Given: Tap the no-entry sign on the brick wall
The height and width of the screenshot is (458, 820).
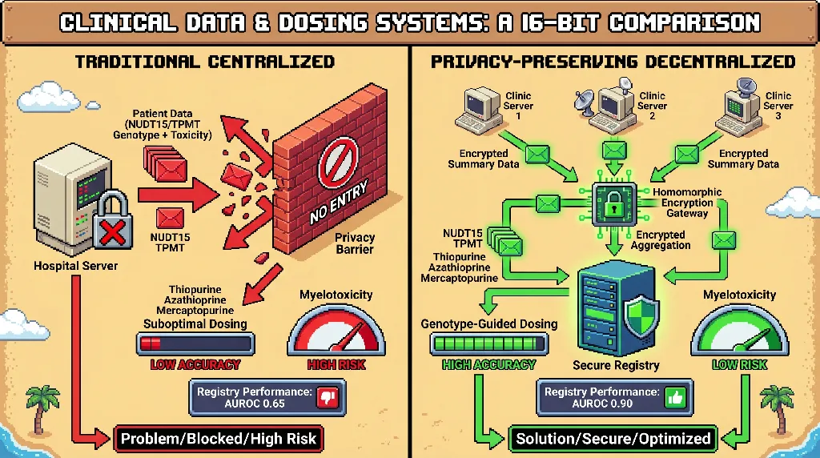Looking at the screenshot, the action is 339,161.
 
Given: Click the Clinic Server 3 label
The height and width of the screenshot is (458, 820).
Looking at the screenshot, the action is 778,106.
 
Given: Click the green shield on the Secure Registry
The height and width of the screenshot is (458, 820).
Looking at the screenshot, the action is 641,315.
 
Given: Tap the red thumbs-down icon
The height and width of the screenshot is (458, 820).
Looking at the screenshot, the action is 328,398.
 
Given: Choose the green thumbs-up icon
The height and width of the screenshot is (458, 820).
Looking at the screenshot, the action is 675,398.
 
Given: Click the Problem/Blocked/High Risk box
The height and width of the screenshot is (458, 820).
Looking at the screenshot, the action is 219,439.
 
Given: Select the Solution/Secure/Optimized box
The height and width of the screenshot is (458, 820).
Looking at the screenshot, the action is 613,439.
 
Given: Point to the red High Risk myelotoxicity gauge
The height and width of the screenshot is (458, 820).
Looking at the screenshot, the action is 336,331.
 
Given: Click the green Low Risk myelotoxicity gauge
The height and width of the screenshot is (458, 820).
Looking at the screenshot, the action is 739,331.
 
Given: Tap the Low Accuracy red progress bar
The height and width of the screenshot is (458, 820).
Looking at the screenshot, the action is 195,344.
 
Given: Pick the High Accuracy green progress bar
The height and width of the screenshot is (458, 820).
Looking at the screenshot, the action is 489,344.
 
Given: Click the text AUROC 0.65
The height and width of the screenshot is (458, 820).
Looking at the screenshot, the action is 255,404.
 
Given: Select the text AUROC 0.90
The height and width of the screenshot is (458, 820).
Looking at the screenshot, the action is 602,404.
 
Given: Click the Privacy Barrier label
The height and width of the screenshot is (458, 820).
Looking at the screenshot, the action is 355,243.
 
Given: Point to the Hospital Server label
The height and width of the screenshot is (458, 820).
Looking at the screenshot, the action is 76,266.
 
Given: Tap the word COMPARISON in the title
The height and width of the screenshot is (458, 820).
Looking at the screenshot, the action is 685,23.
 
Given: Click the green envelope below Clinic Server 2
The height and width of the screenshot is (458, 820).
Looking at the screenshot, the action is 614,151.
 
